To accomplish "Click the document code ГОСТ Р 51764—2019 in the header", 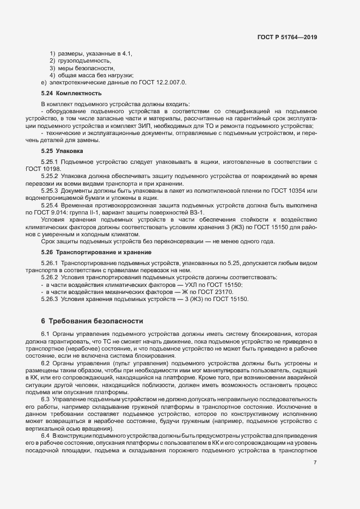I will (287, 38).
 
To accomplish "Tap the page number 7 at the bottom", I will (315, 462).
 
